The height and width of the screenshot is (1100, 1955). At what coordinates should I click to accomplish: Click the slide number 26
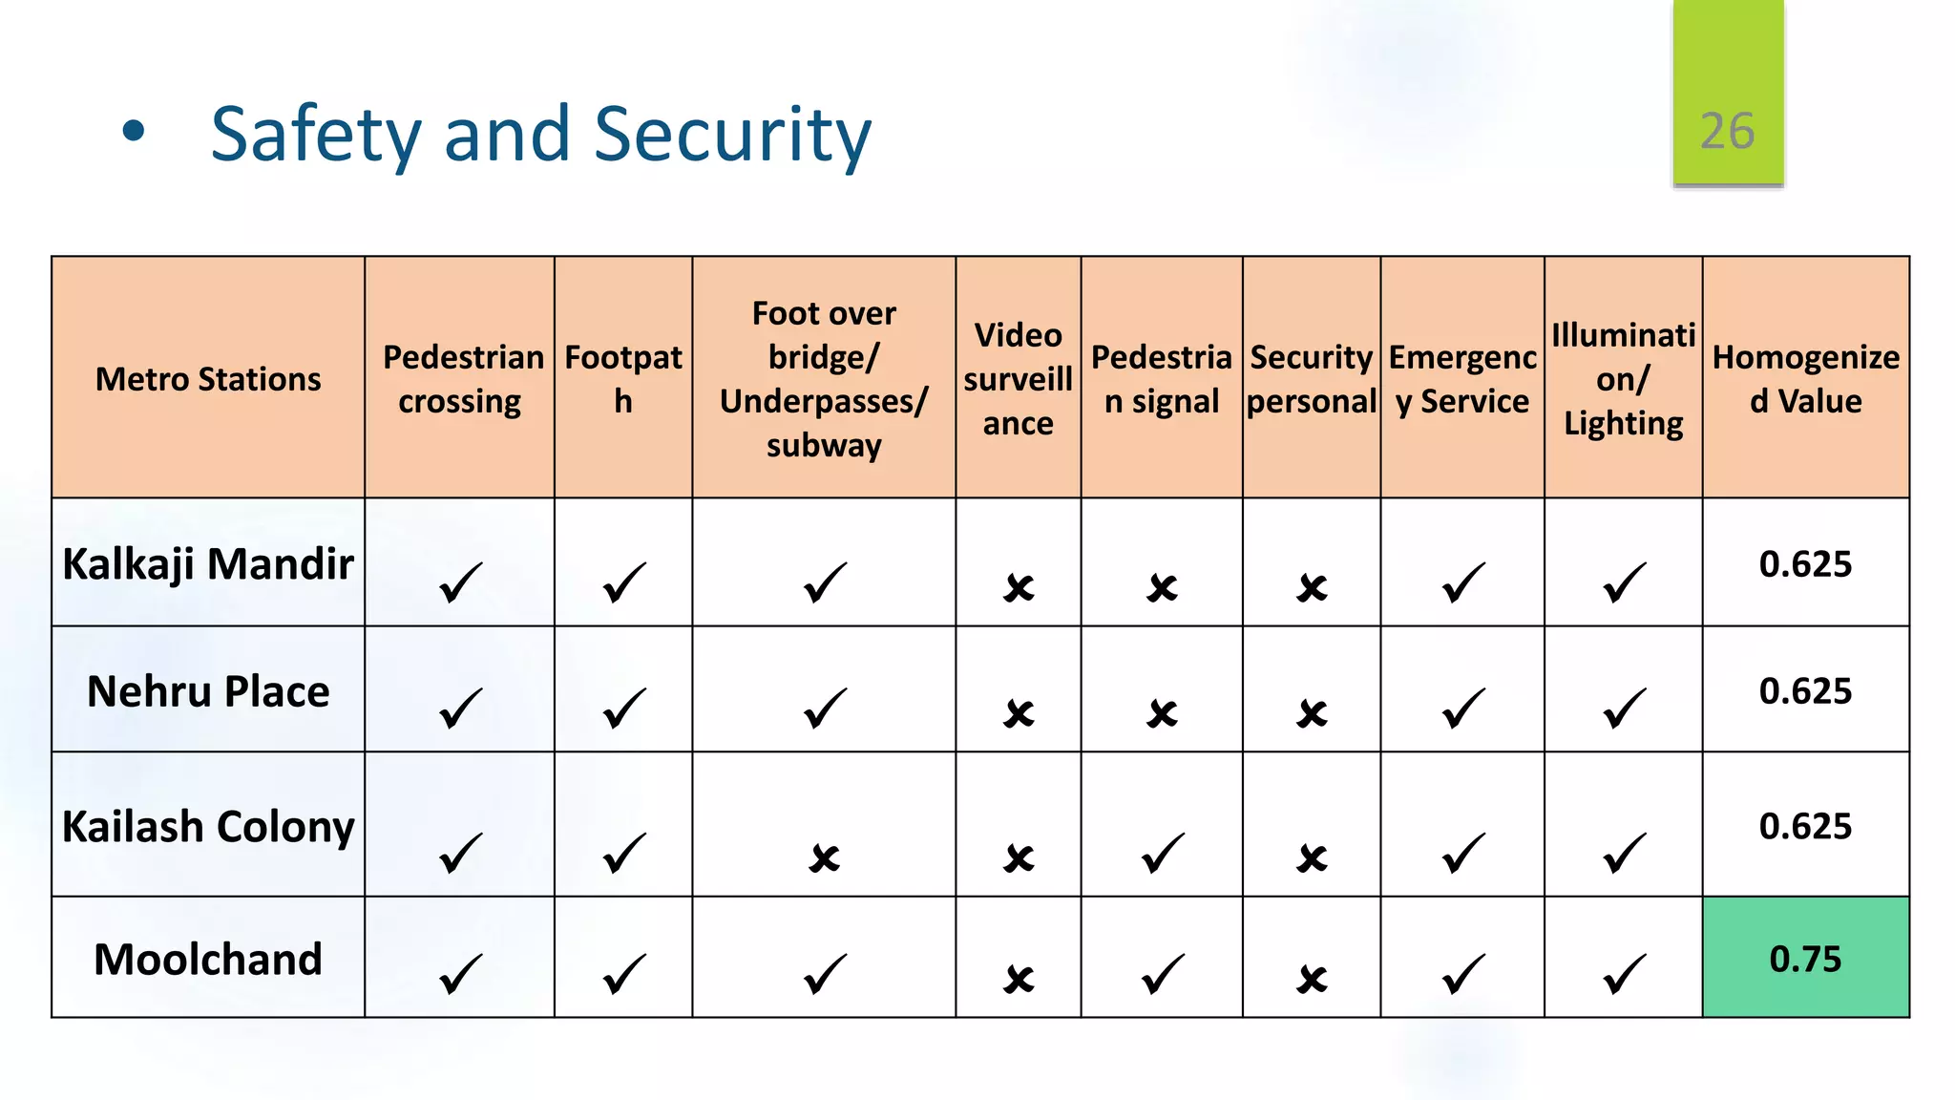click(1727, 131)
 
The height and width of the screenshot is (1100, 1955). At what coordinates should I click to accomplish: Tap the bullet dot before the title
click(134, 132)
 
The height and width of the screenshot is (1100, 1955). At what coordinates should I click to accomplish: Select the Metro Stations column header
click(208, 379)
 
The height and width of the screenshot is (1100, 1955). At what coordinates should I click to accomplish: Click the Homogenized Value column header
click(1805, 379)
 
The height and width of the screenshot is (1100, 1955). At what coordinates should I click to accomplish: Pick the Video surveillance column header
click(1018, 379)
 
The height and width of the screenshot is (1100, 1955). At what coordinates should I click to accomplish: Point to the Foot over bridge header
click(823, 379)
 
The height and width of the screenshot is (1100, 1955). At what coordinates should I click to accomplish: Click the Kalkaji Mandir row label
click(208, 563)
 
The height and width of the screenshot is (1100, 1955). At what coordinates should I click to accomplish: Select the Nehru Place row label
click(208, 690)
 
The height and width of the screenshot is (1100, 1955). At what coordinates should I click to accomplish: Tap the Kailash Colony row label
click(208, 826)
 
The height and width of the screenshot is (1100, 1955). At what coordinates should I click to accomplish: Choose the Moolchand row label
click(208, 959)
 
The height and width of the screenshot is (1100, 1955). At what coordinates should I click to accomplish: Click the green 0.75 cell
click(1805, 959)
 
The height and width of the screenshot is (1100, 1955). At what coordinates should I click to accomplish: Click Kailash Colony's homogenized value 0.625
click(1805, 826)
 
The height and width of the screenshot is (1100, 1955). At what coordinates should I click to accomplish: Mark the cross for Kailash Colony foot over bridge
click(824, 858)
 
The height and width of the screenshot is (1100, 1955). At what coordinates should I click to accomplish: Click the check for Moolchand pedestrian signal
click(1162, 975)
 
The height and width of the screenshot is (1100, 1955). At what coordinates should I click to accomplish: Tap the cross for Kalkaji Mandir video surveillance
click(1019, 587)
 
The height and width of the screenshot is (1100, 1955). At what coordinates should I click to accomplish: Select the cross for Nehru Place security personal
click(1312, 713)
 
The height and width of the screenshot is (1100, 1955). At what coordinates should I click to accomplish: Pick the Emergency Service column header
click(1461, 379)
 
